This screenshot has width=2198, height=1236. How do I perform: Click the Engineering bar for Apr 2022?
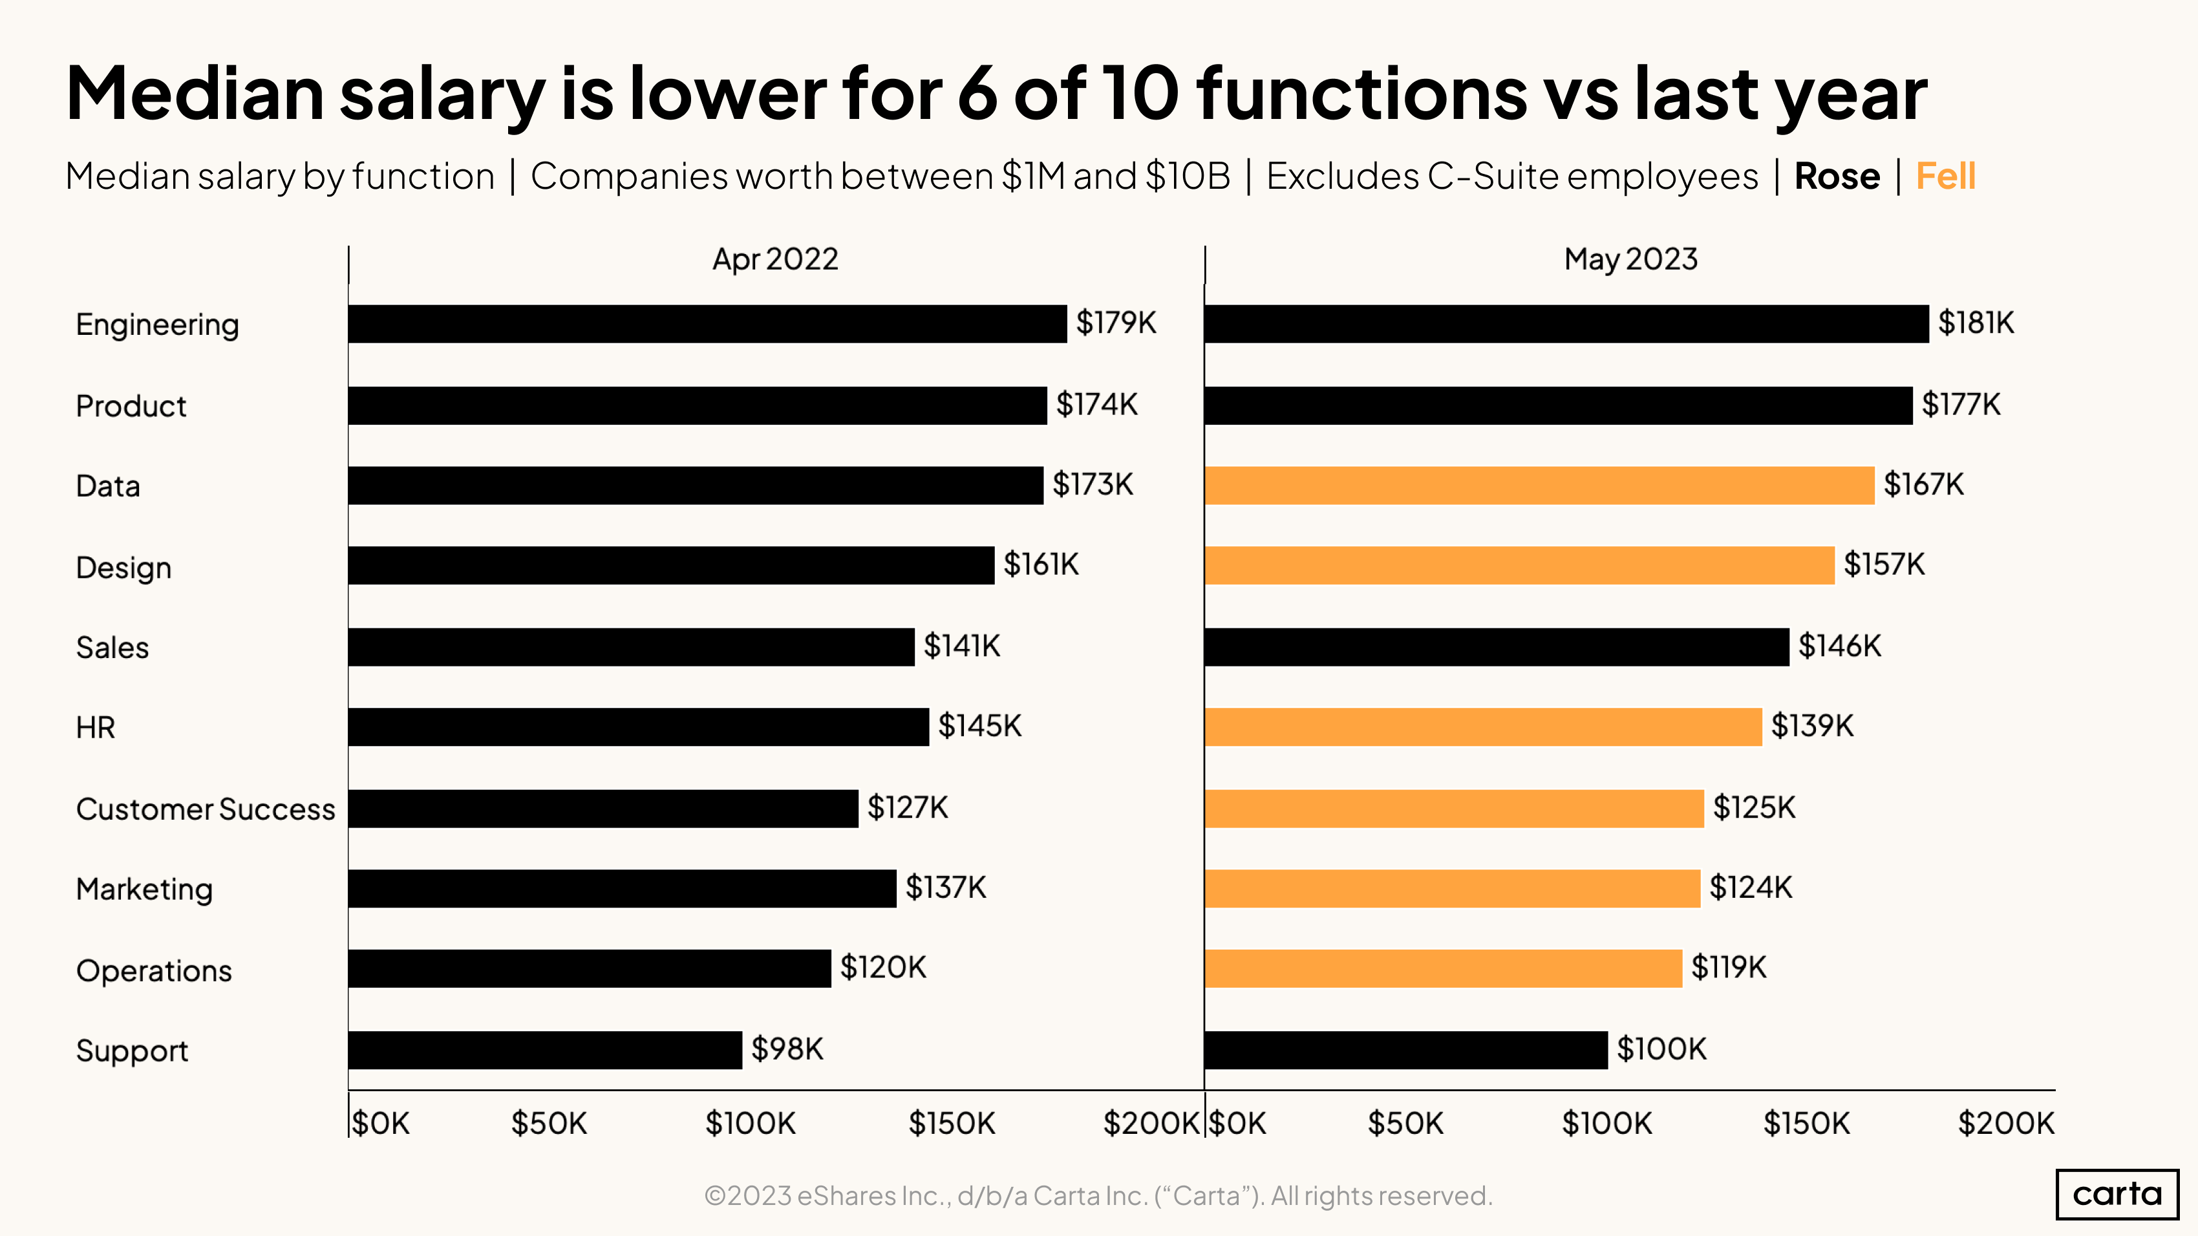(707, 324)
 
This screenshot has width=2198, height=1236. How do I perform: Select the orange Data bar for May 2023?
(1539, 485)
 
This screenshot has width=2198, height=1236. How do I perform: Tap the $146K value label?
(1839, 646)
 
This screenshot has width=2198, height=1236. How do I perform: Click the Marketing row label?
(144, 889)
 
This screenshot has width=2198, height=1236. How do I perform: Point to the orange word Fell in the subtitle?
(1945, 176)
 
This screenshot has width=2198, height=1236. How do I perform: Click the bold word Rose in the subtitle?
(1836, 176)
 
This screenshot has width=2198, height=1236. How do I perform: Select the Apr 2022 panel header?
(774, 259)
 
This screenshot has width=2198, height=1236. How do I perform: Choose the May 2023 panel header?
(1630, 259)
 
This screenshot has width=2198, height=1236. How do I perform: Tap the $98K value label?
(787, 1049)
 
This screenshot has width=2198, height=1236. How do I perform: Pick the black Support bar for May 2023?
(1405, 1049)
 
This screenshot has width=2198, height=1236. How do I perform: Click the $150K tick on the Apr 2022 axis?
(952, 1124)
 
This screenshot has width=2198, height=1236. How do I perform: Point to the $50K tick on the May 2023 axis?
(1405, 1124)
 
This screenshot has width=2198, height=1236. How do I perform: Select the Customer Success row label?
(205, 809)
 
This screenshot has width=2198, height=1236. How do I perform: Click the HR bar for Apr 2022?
(637, 727)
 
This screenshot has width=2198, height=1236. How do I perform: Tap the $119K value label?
(1728, 967)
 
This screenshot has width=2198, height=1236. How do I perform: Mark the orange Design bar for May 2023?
(1519, 566)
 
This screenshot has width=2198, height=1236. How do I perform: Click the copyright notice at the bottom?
(1098, 1195)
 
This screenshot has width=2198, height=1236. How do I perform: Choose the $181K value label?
(1976, 323)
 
